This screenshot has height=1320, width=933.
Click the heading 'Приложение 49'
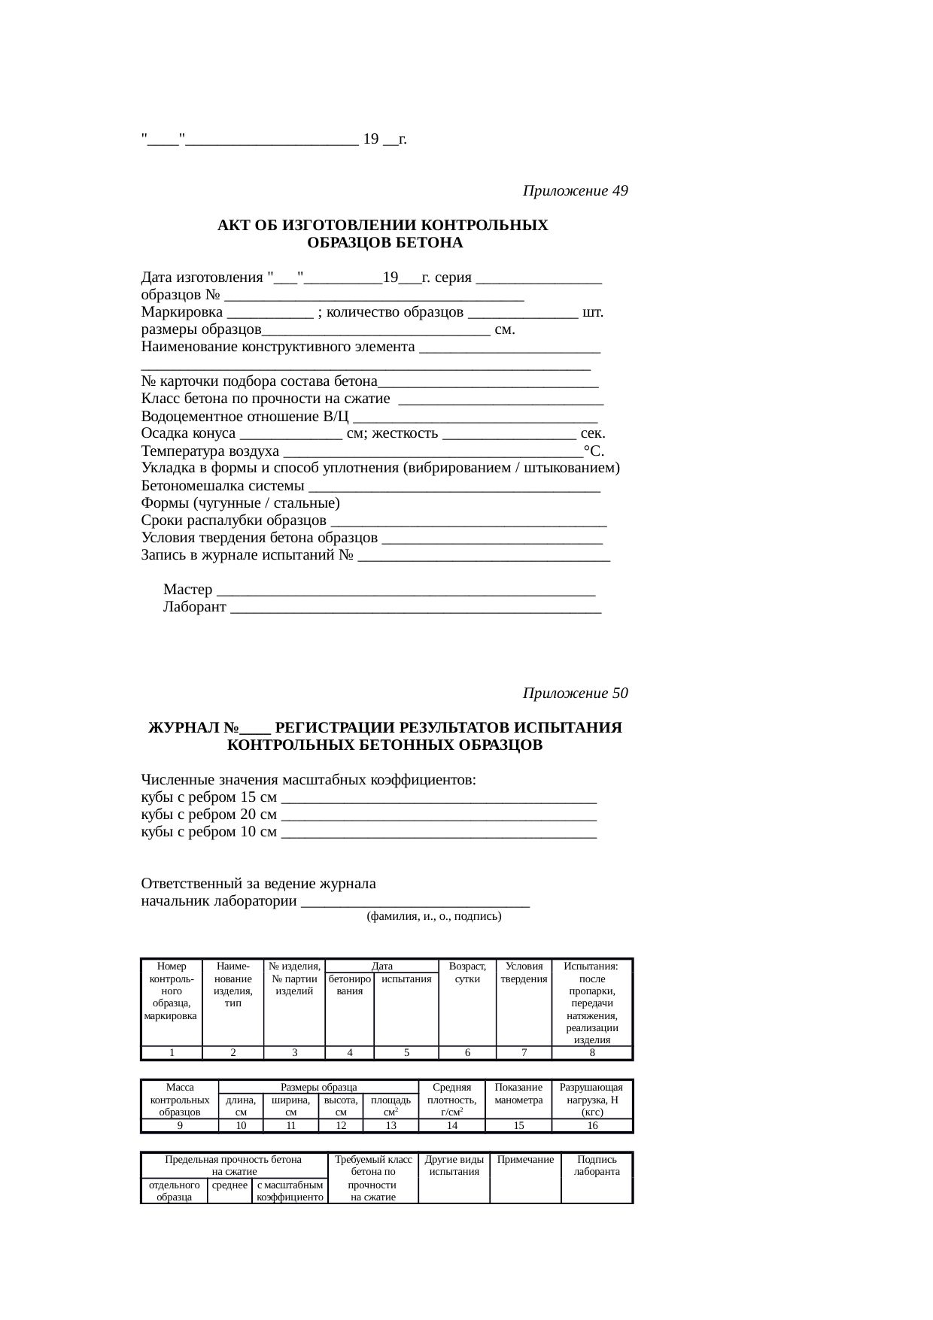[575, 191]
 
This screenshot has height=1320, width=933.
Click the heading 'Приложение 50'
[575, 693]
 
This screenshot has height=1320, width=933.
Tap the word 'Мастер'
[187, 590]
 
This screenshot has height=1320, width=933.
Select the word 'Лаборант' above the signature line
[194, 607]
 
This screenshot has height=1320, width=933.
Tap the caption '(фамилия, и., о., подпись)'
[433, 916]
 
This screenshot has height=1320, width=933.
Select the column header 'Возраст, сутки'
[467, 973]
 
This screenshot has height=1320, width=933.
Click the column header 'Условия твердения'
[524, 973]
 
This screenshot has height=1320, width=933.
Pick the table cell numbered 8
[592, 1053]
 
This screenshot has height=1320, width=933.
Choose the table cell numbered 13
[391, 1126]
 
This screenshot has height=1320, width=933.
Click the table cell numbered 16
[592, 1126]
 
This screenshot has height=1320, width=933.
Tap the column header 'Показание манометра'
[518, 1094]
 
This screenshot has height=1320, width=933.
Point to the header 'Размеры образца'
[318, 1087]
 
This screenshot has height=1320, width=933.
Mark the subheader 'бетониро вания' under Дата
[349, 985]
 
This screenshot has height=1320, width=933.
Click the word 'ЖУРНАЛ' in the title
[185, 728]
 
